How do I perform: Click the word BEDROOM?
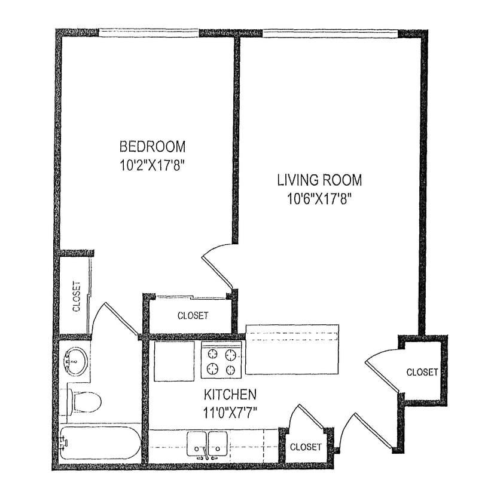[x=153, y=146]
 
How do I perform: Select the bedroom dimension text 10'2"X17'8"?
[x=153, y=165]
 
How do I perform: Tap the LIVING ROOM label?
[x=319, y=180]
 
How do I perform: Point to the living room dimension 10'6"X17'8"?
[x=319, y=198]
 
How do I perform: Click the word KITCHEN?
[x=230, y=395]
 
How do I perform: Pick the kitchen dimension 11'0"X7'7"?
[x=230, y=412]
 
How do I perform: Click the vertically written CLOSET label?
[x=77, y=297]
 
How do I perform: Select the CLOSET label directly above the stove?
[x=193, y=315]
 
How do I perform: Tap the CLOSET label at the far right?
[x=422, y=372]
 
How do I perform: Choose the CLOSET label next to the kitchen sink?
[x=306, y=447]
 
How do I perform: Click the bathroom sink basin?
[x=76, y=360]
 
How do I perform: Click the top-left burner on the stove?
[x=212, y=354]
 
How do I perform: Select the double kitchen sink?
[x=206, y=443]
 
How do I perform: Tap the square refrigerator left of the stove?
[x=174, y=361]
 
